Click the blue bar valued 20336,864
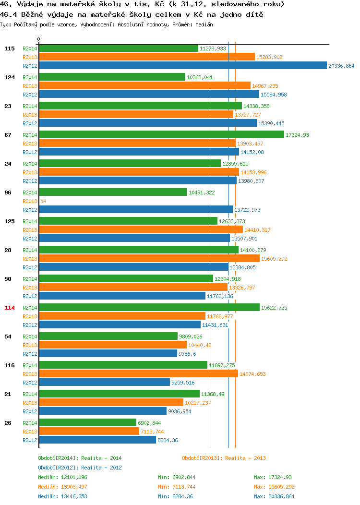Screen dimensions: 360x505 point(183,65)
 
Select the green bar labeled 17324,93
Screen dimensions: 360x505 point(162,134)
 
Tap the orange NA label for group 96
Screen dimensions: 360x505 point(44,201)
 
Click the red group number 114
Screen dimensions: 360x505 point(10,308)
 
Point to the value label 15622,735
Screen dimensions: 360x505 point(274,308)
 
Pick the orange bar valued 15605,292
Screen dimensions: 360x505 point(149,258)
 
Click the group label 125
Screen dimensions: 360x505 point(10,221)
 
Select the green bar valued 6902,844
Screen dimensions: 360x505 point(87,422)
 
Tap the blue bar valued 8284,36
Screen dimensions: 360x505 point(97,440)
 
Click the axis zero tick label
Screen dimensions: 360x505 point(39,39)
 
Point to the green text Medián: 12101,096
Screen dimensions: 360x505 point(62,477)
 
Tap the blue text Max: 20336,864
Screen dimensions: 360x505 point(274,496)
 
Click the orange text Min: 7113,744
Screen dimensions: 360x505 point(177,487)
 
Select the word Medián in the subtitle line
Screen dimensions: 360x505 point(204,24)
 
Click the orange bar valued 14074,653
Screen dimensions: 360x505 point(138,373)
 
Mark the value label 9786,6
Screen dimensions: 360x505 point(187,354)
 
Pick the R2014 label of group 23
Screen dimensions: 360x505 point(30,106)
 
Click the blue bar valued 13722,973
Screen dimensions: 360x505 point(136,209)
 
